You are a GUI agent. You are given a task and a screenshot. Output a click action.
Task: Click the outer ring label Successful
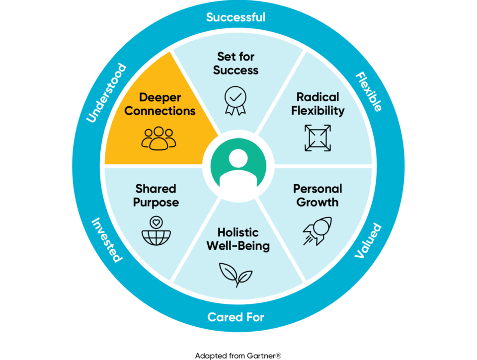236,17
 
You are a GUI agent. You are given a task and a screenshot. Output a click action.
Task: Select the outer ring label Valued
368,241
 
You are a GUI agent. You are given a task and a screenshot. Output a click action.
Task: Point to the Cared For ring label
236,317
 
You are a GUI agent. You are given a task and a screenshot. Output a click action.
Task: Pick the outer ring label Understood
106,93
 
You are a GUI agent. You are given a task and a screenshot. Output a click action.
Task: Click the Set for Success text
236,63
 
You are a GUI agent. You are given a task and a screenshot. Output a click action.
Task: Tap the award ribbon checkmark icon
236,98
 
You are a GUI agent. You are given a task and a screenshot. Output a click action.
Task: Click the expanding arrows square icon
318,138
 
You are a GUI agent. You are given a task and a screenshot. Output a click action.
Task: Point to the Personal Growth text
317,195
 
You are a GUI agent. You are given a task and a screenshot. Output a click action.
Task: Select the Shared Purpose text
156,195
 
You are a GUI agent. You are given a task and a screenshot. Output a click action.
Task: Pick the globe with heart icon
156,231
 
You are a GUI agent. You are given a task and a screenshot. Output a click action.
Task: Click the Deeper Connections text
160,103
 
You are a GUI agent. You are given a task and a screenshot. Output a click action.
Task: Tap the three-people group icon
159,138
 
